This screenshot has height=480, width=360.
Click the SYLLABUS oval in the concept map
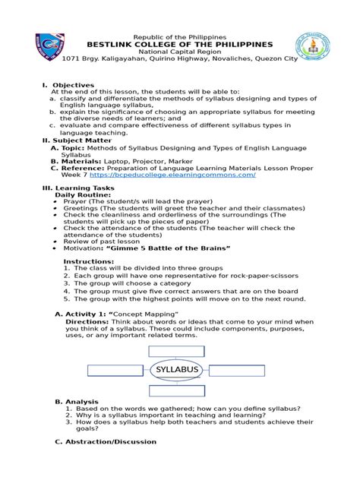pyautogui.click(x=178, y=370)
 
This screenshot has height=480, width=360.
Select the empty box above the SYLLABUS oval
pyautogui.click(x=171, y=350)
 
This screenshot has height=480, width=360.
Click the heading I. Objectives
pyautogui.click(x=68, y=85)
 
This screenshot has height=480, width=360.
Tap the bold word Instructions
pyautogui.click(x=88, y=261)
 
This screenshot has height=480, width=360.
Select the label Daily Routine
pyautogui.click(x=83, y=194)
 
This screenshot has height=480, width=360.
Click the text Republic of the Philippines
pyautogui.click(x=179, y=36)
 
